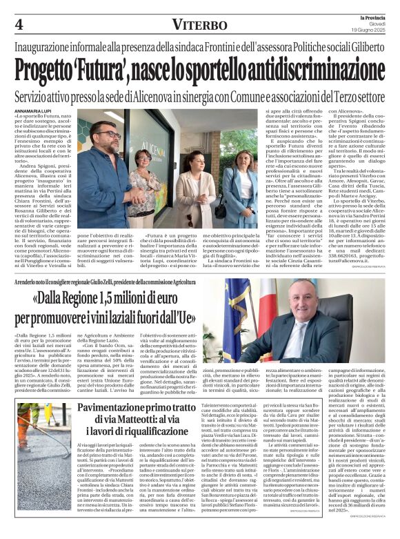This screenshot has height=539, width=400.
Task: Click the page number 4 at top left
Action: click(18, 24)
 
